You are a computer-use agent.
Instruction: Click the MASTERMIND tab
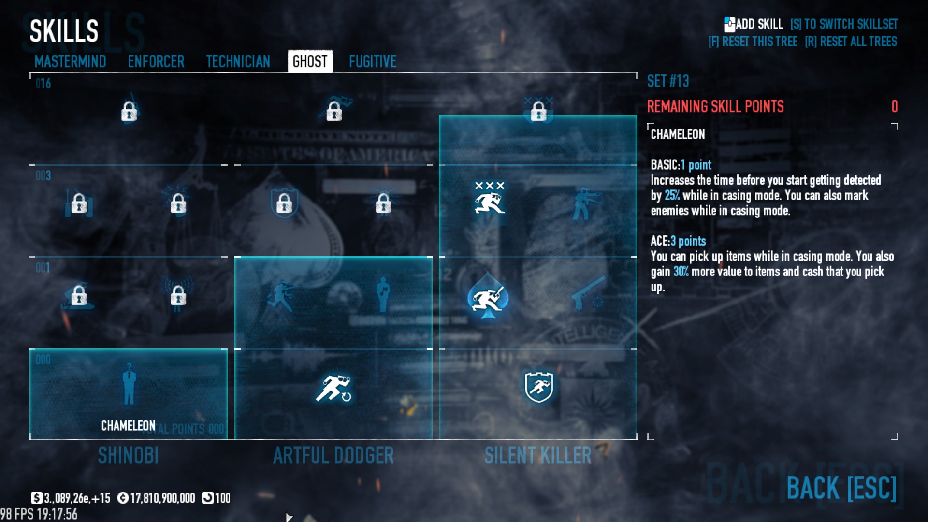[x=70, y=61]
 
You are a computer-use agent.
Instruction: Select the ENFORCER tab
[x=156, y=61]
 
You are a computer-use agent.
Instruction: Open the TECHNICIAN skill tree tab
[x=238, y=61]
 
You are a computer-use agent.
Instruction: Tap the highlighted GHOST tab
[x=310, y=61]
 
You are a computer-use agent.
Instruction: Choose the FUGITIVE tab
[x=373, y=61]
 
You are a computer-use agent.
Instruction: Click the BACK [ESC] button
[x=841, y=488]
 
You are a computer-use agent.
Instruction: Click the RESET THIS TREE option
[x=753, y=42]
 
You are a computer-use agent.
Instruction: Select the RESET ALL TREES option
[x=851, y=42]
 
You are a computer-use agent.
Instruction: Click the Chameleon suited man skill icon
[x=129, y=385]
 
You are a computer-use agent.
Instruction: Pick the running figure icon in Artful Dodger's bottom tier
[x=333, y=388]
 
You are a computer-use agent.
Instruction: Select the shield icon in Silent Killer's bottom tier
[x=538, y=387]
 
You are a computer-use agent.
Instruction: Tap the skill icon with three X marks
[x=490, y=198]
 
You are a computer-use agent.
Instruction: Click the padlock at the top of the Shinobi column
[x=129, y=112]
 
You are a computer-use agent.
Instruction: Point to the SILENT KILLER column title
[x=538, y=455]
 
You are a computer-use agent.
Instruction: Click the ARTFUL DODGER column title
[x=333, y=455]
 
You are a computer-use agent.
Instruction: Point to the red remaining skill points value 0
[x=894, y=106]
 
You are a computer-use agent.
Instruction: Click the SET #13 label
[x=668, y=81]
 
